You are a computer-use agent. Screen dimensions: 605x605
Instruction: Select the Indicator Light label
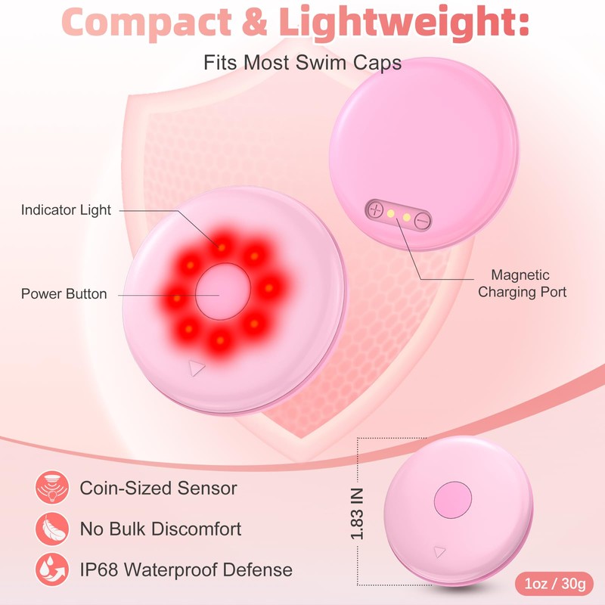click(x=66, y=210)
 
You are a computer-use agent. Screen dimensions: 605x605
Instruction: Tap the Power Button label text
click(x=64, y=293)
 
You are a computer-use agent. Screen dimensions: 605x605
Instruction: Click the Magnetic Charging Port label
click(x=521, y=284)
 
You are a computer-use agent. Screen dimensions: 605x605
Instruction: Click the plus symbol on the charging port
click(x=376, y=210)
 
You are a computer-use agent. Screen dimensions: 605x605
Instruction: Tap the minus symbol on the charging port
click(x=422, y=220)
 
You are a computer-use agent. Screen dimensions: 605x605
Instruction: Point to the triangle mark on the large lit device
click(x=197, y=368)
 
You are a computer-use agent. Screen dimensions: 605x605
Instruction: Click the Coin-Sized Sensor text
click(x=159, y=489)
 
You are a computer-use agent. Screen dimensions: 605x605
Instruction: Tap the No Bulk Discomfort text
click(x=161, y=529)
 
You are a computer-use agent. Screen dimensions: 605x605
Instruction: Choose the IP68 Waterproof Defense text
click(x=186, y=569)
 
